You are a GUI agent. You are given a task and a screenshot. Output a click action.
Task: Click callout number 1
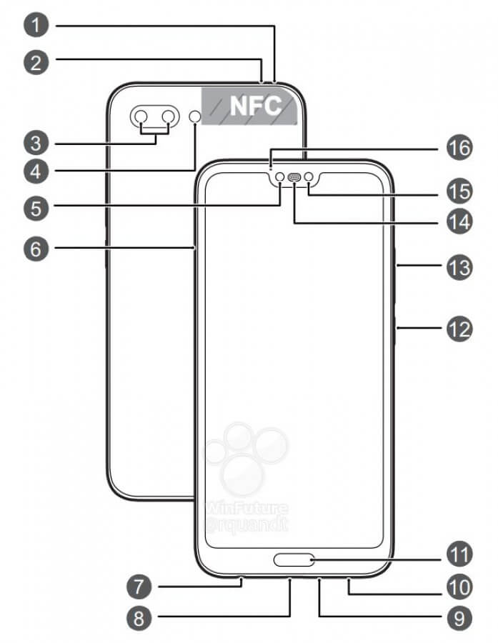[x=36, y=27]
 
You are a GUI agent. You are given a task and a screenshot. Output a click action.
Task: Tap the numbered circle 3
[x=36, y=144]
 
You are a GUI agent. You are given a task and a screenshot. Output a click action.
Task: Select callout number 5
[x=36, y=208]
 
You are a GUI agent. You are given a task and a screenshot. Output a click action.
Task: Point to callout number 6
[x=36, y=248]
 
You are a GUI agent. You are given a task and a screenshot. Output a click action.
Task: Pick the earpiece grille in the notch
[x=294, y=178]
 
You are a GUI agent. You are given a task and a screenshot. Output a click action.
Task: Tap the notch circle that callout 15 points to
[x=309, y=177]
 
